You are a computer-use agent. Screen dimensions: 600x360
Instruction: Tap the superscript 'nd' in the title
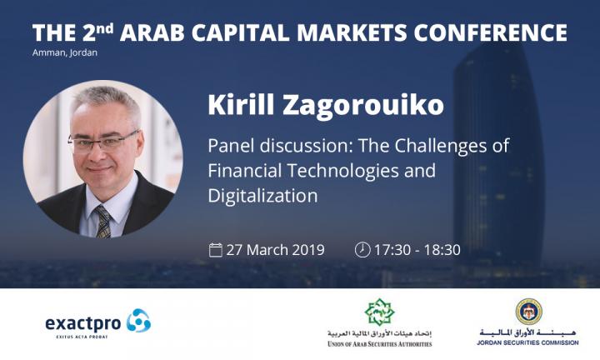click(104, 28)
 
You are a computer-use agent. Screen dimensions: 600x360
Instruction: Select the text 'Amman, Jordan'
click(65, 52)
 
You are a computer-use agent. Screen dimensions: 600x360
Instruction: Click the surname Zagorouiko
click(363, 104)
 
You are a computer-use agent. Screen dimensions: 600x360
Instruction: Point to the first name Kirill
click(241, 103)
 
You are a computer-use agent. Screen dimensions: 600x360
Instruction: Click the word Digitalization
click(262, 196)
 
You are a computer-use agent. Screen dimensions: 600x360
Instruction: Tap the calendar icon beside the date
click(216, 250)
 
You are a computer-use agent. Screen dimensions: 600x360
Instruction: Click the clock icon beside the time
click(362, 250)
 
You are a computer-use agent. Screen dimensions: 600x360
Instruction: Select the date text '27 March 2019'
click(275, 250)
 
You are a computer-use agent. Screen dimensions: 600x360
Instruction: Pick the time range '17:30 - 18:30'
click(417, 250)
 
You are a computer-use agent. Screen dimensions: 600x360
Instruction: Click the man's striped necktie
click(102, 222)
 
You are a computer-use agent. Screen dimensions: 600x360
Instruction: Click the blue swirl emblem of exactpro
click(138, 320)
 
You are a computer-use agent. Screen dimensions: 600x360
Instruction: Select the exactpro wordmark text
click(83, 324)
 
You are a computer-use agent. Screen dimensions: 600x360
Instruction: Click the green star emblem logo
click(379, 312)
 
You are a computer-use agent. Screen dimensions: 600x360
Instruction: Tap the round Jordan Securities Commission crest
click(528, 312)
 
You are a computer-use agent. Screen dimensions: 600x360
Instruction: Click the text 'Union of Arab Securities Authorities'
click(380, 344)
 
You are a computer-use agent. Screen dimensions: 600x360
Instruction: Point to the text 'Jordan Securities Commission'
click(527, 342)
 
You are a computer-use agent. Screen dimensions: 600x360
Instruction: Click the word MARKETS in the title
click(352, 32)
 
